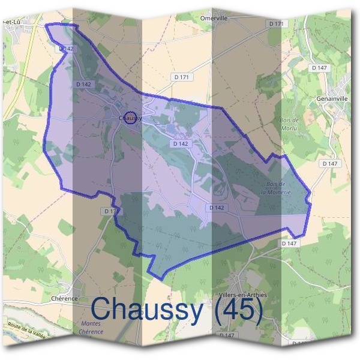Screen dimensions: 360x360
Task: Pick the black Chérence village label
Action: (x=64, y=298)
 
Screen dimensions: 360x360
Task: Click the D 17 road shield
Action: (x=109, y=211)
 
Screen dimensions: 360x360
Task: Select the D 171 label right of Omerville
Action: (x=276, y=23)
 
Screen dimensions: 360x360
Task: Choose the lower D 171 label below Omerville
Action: (x=181, y=77)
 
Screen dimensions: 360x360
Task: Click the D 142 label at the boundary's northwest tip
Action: (x=67, y=49)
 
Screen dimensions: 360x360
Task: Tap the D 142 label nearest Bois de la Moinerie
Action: (x=217, y=208)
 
